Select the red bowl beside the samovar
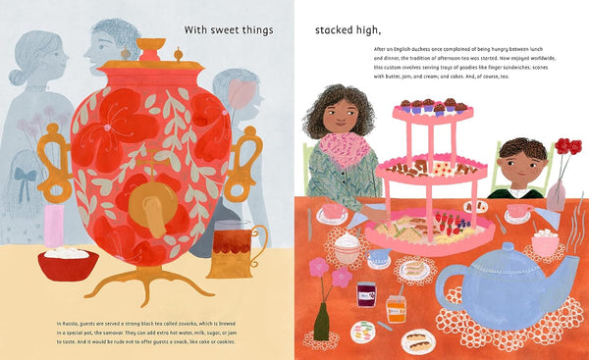tap(68, 263)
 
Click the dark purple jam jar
tap(367, 294)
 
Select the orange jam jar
tap(395, 307)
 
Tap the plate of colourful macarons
tap(364, 332)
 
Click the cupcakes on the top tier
tap(432, 105)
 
